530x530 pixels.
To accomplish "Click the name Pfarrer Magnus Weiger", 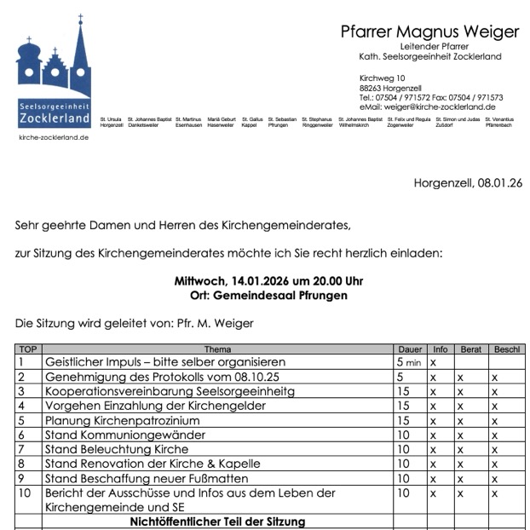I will [429, 32].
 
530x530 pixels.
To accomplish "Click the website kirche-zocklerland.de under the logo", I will [54, 137].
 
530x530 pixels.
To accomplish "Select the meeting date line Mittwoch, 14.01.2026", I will [268, 281].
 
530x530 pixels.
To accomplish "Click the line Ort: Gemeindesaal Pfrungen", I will [268, 296].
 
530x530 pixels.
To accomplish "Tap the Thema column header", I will [217, 349].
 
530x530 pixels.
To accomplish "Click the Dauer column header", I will [410, 349].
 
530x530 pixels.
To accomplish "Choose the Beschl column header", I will [506, 349].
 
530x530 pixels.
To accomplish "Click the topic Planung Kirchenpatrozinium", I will [122, 420].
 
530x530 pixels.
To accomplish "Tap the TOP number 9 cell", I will [28, 478].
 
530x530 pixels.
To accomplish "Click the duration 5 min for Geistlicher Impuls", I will [410, 362].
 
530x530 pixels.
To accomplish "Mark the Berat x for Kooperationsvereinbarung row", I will [460, 391].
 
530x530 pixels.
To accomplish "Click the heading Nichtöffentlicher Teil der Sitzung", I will [217, 521].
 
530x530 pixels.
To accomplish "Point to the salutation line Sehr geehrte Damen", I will [182, 226].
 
